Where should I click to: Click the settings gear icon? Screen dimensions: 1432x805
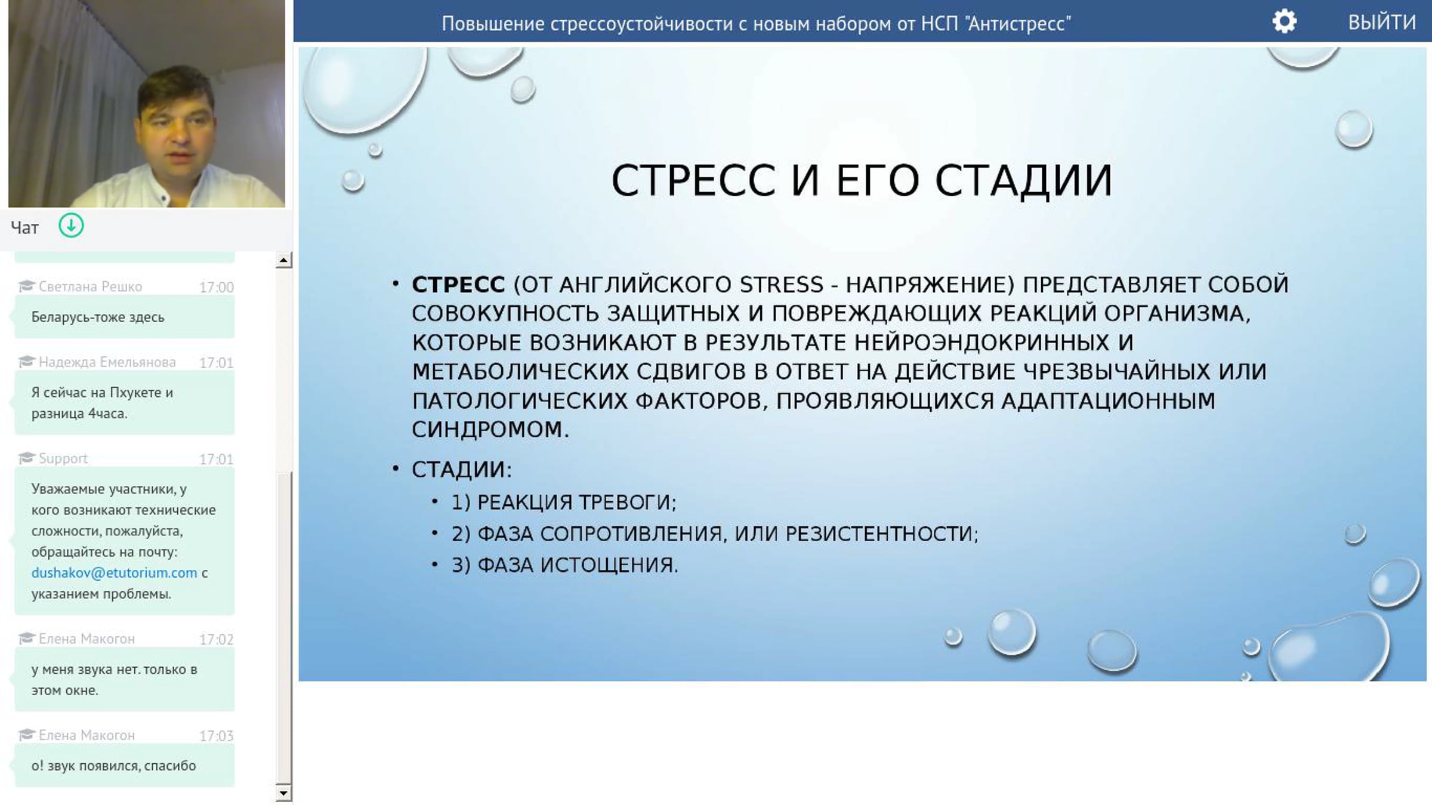(x=1284, y=22)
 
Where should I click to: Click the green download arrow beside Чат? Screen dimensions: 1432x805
(x=71, y=226)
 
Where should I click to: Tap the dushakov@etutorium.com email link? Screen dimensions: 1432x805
(x=114, y=573)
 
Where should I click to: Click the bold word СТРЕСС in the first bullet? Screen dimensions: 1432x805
(x=458, y=285)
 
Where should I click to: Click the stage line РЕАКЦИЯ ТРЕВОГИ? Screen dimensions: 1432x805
(x=564, y=502)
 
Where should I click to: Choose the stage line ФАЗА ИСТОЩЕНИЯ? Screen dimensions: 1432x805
(x=565, y=565)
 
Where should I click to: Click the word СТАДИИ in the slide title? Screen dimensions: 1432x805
(x=1023, y=180)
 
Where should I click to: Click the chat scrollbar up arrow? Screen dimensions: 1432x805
(x=283, y=260)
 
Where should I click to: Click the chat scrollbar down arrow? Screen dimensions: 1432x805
(x=283, y=793)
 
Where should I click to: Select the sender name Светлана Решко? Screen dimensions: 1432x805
(x=90, y=286)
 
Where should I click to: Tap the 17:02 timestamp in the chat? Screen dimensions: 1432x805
(x=216, y=640)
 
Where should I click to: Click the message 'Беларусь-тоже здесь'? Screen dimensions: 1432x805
(x=98, y=317)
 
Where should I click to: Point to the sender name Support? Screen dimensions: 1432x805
(x=63, y=458)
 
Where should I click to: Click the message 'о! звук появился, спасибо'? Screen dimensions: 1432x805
(x=113, y=766)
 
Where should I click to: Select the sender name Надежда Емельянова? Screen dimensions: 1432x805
(x=107, y=362)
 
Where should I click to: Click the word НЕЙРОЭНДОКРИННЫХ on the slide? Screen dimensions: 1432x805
(x=982, y=343)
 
